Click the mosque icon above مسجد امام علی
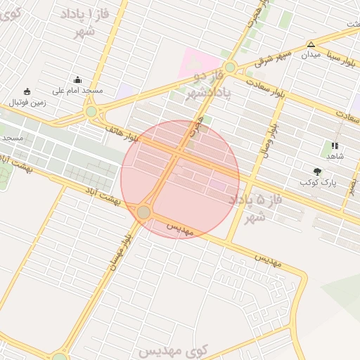[x=77, y=79]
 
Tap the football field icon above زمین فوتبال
[x=27, y=91]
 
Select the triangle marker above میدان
[x=311, y=44]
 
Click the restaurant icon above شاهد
[x=334, y=146]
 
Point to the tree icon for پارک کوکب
[x=318, y=171]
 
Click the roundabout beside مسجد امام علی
[x=91, y=111]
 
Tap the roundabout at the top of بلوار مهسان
[x=144, y=212]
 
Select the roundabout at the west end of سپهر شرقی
[x=230, y=67]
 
